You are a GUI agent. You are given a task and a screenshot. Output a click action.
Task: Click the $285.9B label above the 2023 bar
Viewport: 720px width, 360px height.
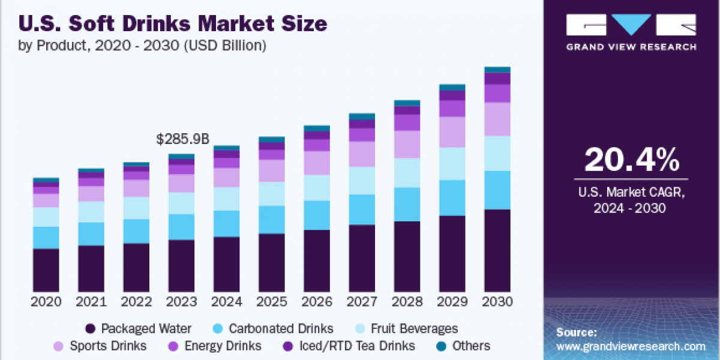pyautogui.click(x=182, y=140)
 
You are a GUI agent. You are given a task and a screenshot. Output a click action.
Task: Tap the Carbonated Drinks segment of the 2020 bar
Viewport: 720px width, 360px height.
pyautogui.click(x=46, y=237)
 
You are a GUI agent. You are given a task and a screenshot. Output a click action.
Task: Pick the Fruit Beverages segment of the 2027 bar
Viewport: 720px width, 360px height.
pyautogui.click(x=362, y=180)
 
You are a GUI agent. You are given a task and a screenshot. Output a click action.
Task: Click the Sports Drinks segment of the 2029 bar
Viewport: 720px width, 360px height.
pyautogui.click(x=452, y=132)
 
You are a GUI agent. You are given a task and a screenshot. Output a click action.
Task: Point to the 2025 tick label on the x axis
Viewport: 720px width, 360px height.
pyautogui.click(x=272, y=302)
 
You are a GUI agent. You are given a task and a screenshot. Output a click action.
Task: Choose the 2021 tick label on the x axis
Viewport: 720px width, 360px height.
pyautogui.click(x=91, y=302)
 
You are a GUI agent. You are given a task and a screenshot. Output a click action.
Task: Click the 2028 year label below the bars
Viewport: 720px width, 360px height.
pyautogui.click(x=407, y=302)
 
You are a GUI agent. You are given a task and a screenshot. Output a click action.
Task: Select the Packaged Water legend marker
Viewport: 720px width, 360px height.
pyautogui.click(x=91, y=329)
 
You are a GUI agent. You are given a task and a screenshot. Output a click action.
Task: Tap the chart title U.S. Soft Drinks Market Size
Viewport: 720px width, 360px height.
pyautogui.click(x=174, y=23)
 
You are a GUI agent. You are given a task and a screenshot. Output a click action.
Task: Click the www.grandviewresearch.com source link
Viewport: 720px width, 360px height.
pyautogui.click(x=631, y=346)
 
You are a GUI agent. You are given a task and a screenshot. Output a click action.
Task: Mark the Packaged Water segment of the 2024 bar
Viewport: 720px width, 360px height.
pyautogui.click(x=227, y=264)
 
